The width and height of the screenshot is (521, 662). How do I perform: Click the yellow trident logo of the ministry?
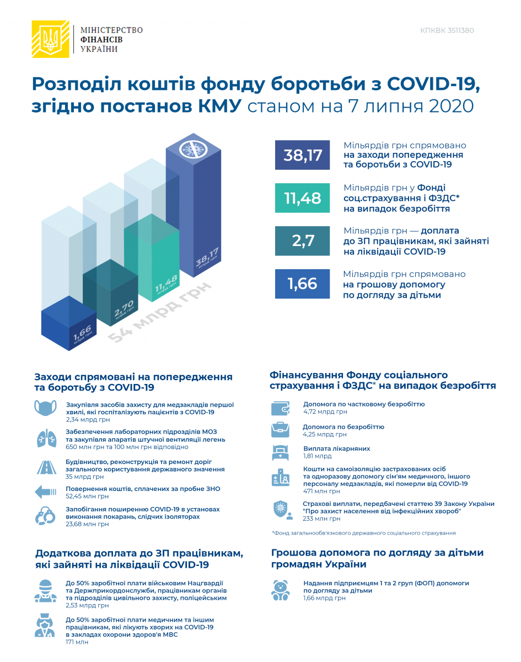50,39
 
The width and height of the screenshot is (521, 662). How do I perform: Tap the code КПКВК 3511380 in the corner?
447,31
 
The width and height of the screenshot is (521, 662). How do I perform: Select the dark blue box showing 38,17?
302,155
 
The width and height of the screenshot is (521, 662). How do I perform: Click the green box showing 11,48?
302,198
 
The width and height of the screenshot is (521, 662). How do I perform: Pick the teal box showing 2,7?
302,241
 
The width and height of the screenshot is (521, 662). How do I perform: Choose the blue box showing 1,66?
302,284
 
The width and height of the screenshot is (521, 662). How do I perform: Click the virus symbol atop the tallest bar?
194,150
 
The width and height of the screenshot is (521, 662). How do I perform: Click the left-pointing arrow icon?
45,492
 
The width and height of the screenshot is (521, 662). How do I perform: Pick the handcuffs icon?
45,515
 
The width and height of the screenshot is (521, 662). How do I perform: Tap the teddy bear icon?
280,589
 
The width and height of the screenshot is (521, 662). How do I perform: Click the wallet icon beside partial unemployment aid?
281,409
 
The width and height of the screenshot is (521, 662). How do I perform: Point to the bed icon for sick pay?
281,453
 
